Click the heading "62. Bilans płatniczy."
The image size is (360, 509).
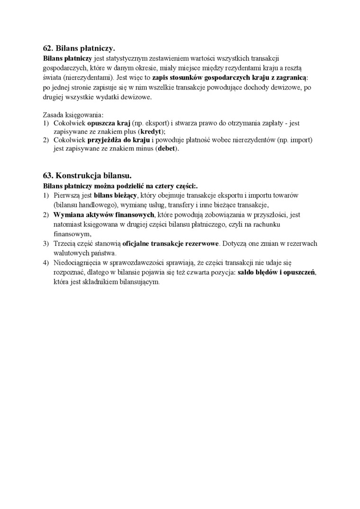coord(79,48)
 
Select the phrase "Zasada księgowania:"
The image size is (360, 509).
coord(72,114)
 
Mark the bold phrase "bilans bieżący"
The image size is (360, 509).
coord(115,195)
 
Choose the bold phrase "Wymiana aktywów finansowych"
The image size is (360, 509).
coord(104,214)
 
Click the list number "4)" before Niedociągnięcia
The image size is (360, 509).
coord(46,263)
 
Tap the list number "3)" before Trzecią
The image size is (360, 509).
coord(46,243)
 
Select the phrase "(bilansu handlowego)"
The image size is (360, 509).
coord(83,205)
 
